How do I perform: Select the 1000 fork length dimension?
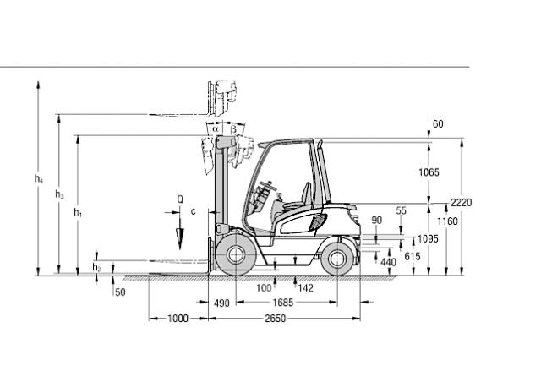coord(178,319)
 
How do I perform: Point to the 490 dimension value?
coord(222,303)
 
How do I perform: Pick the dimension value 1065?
coord(430,172)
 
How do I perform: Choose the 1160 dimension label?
coord(449,221)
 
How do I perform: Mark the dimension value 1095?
coord(429,239)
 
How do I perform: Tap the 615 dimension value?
coord(413,256)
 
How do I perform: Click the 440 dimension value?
coord(388,263)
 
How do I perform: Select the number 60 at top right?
coord(438,124)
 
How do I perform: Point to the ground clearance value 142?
coord(305,288)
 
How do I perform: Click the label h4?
coord(38,178)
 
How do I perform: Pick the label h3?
coord(59,195)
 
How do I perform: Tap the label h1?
coord(79,212)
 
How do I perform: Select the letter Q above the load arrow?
coord(179,199)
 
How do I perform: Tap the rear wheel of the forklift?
coord(337,258)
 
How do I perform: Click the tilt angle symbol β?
coord(233,128)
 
